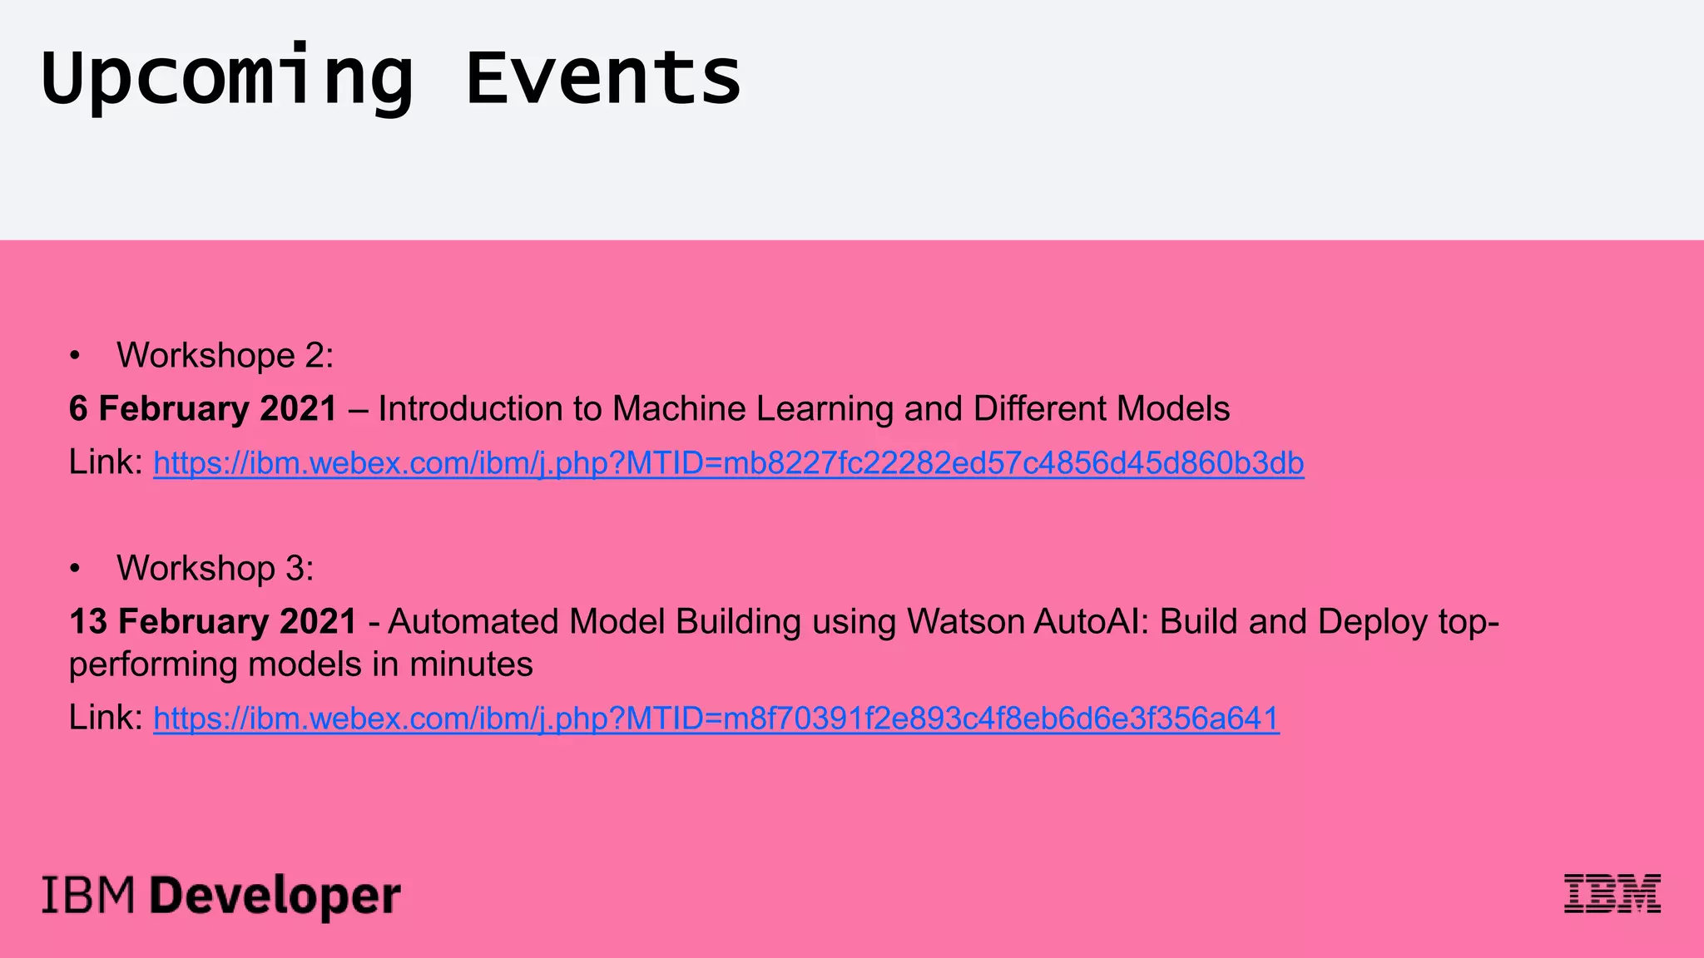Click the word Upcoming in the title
[x=226, y=79]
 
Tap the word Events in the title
[x=603, y=79]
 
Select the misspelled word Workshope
[x=206, y=356]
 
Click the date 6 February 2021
[x=203, y=409]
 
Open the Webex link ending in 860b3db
[x=728, y=463]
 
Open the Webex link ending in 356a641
[x=716, y=718]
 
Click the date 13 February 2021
[x=213, y=622]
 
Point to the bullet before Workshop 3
[x=76, y=569]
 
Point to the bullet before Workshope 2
[x=76, y=356]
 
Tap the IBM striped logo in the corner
[x=1612, y=894]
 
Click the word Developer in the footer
[x=275, y=896]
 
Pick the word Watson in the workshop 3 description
[x=965, y=622]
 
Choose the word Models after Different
[x=1172, y=409]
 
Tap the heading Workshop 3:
[x=215, y=569]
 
